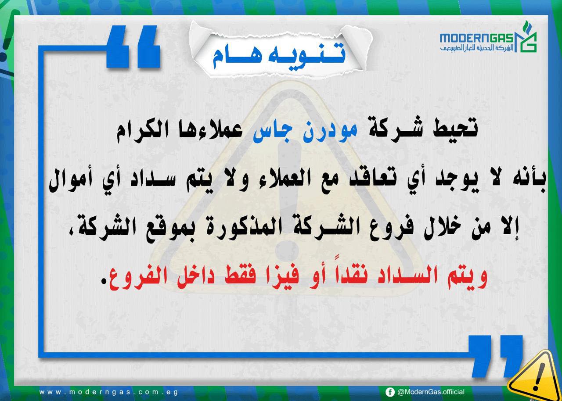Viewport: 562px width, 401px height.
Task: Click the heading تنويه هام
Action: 279,56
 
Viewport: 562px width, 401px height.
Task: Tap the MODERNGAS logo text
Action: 477,38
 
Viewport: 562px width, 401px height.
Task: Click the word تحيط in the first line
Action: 455,129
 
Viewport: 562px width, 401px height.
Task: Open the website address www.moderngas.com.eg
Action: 108,392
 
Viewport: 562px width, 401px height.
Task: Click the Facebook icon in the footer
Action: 390,392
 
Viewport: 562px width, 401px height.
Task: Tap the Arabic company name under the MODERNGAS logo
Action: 477,48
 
